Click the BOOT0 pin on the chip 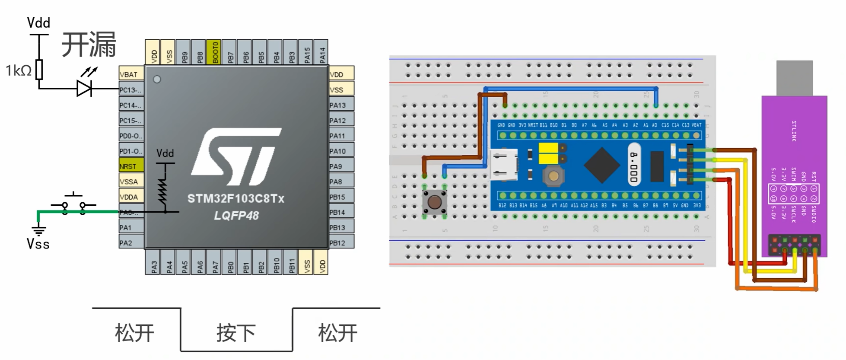tap(214, 52)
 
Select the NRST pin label tap(131, 166)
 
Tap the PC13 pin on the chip tap(131, 90)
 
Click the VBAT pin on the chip tap(131, 74)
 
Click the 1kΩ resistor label tap(18, 70)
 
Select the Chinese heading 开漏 tap(89, 45)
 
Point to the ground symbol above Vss tap(38, 229)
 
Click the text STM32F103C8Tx tap(235, 199)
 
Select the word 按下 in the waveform tap(236, 333)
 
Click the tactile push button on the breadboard tap(435, 202)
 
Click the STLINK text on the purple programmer tap(794, 131)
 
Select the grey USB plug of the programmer tap(794, 78)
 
